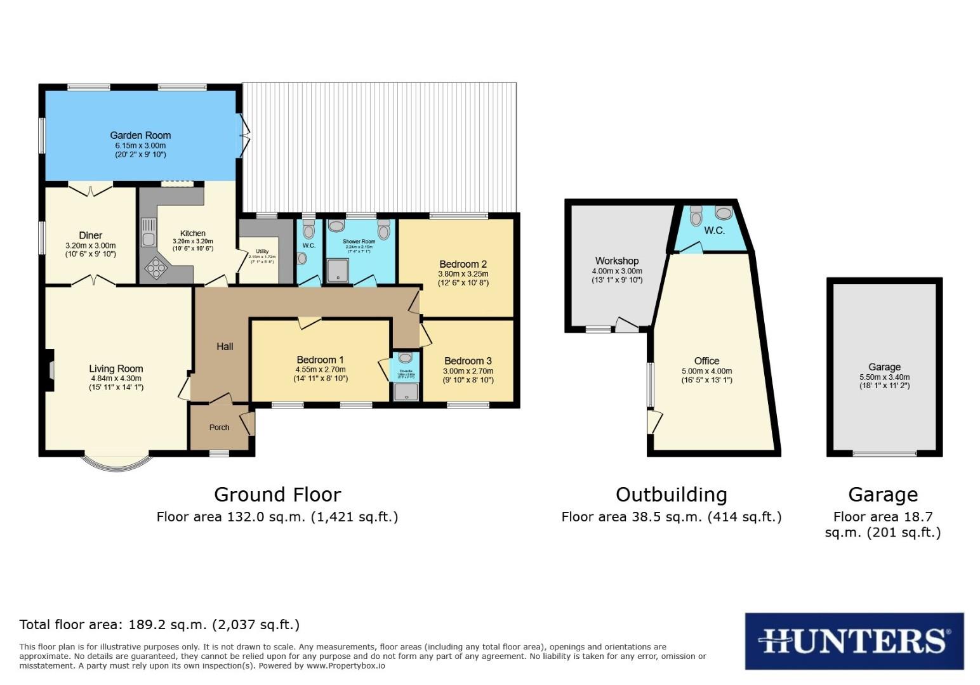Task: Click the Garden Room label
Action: [140, 135]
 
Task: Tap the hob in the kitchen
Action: [155, 269]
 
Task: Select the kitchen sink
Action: [149, 232]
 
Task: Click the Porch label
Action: [220, 427]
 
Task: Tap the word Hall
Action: [225, 346]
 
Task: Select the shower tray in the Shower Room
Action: [338, 271]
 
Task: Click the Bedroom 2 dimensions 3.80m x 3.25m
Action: [463, 274]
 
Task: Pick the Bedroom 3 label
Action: [468, 361]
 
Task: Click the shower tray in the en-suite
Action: [406, 393]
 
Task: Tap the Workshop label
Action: [616, 261]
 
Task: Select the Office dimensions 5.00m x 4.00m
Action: [706, 371]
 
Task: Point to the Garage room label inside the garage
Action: [884, 367]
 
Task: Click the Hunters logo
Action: [854, 641]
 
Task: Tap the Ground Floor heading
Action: [277, 495]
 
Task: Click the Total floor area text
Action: [159, 625]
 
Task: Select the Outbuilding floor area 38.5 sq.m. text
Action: [672, 517]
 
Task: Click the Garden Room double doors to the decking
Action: [243, 135]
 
